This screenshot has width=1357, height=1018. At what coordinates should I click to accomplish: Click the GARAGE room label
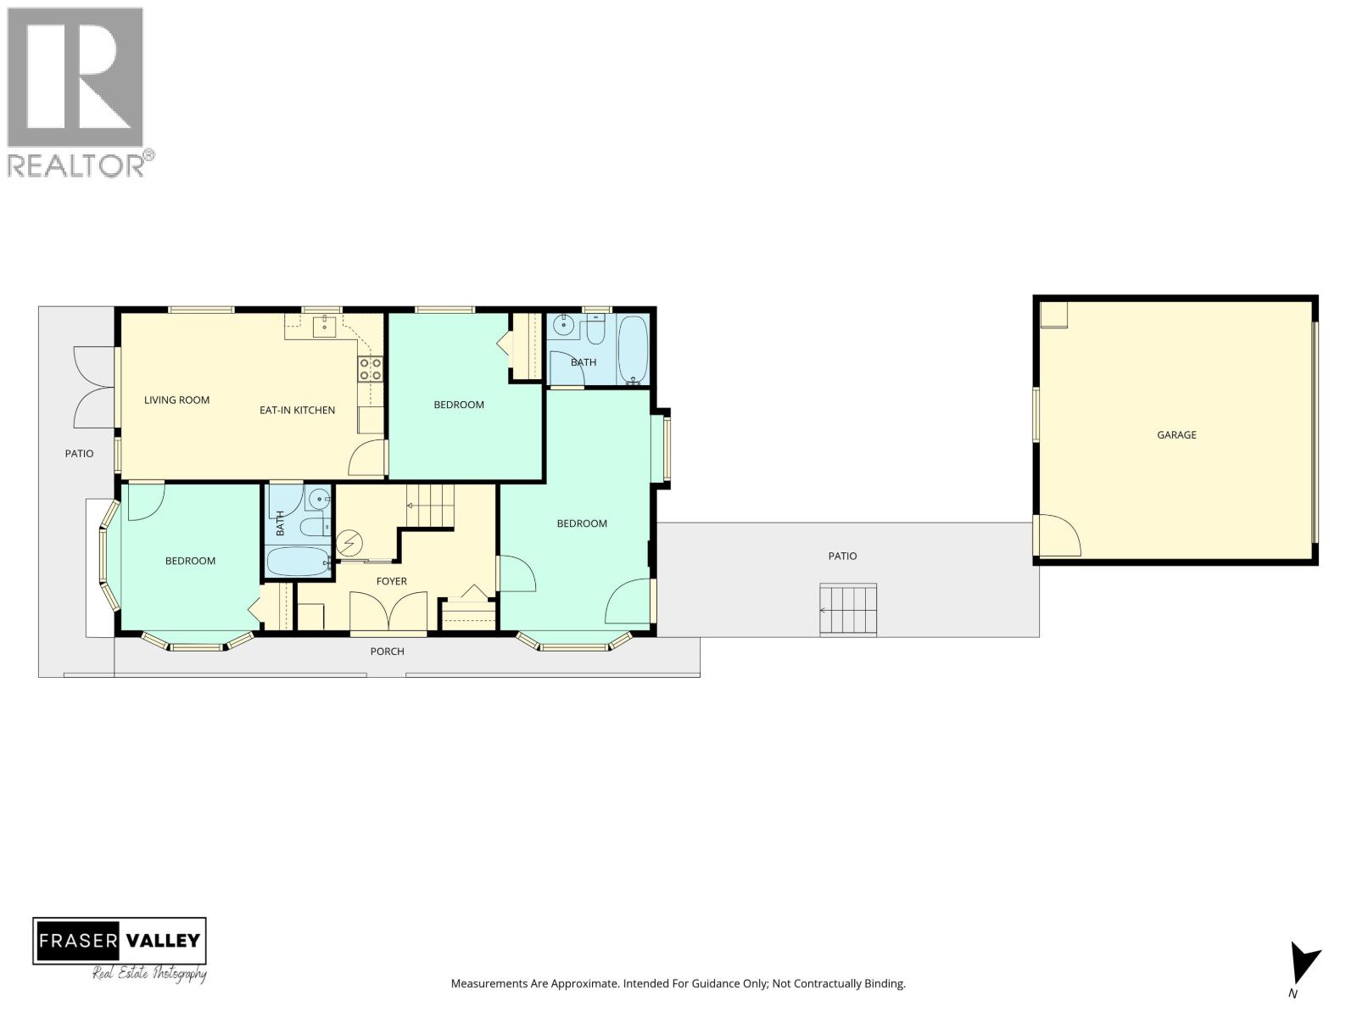[1176, 434]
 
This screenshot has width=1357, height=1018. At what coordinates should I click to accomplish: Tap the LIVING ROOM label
[176, 400]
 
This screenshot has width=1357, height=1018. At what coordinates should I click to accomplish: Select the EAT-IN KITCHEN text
[297, 410]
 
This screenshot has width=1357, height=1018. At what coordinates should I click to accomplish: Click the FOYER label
[391, 581]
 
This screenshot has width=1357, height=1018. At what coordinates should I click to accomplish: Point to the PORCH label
[387, 652]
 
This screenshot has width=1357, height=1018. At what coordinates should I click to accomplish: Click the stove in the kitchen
[370, 368]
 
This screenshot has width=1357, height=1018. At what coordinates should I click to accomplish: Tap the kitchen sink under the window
[324, 326]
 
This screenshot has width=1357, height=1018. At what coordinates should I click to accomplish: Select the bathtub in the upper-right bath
[633, 350]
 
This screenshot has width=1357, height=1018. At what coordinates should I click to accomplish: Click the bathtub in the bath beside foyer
[297, 562]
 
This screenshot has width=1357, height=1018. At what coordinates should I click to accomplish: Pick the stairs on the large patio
[847, 609]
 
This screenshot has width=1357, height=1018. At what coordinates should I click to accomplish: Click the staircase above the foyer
[430, 506]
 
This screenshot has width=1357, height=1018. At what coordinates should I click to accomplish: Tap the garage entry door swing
[1057, 536]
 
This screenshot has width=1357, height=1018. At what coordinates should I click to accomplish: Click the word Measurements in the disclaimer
[489, 984]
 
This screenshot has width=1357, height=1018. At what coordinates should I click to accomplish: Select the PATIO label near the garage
[842, 556]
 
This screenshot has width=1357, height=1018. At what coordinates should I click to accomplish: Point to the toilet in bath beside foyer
[313, 528]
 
